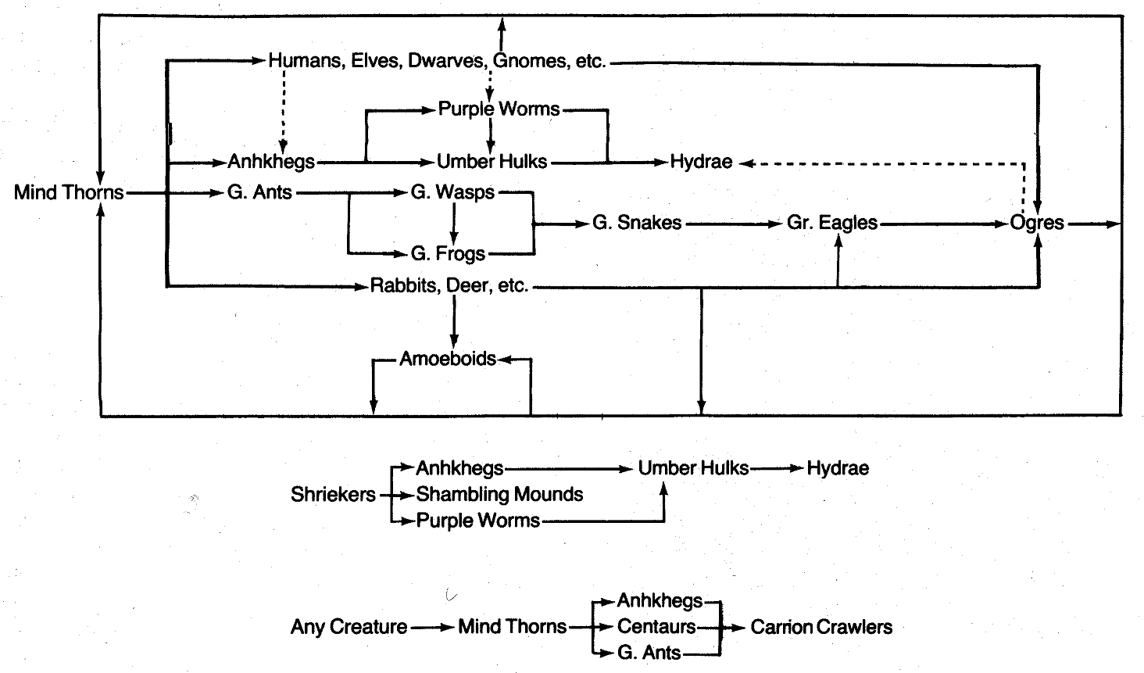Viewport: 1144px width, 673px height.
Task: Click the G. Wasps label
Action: pyautogui.click(x=452, y=192)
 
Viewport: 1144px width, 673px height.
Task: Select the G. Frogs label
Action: pyautogui.click(x=448, y=254)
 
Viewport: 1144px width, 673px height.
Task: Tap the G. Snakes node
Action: pyautogui.click(x=637, y=224)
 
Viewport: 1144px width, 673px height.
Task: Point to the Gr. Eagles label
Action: pyautogui.click(x=832, y=224)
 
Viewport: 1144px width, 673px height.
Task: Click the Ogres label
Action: pyautogui.click(x=1037, y=223)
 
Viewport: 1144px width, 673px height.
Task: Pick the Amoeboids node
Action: pyautogui.click(x=448, y=359)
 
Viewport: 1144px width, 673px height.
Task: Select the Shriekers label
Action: pyautogui.click(x=334, y=495)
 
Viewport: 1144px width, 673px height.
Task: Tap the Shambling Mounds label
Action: pyautogui.click(x=499, y=495)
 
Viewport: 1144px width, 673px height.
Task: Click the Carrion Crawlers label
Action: pyautogui.click(x=821, y=627)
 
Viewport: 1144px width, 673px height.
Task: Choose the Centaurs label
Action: pyautogui.click(x=656, y=627)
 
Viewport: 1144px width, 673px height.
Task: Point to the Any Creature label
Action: pyautogui.click(x=349, y=627)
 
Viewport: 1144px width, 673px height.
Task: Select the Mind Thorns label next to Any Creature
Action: pyautogui.click(x=512, y=627)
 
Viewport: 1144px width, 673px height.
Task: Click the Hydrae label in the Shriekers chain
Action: pyautogui.click(x=838, y=469)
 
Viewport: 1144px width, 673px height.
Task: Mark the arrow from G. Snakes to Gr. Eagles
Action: pyautogui.click(x=735, y=224)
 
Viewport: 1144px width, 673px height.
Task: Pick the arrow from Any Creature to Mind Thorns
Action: pyautogui.click(x=431, y=627)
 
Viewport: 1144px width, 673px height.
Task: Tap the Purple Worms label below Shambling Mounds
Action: pyautogui.click(x=477, y=521)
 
